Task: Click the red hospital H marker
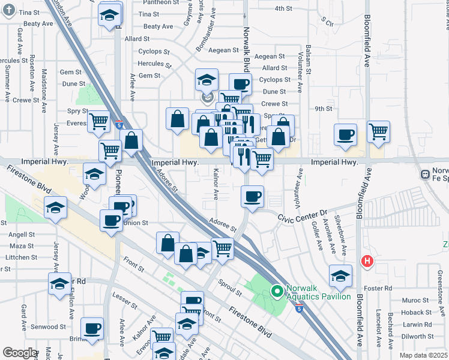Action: pos(367,262)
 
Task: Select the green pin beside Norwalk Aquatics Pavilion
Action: pos(277,292)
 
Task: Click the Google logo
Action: pos(20,353)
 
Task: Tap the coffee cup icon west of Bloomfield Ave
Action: pos(345,134)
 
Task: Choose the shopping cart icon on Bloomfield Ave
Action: pos(378,131)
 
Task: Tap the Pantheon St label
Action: pos(157,3)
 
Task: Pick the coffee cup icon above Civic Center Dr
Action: pos(252,195)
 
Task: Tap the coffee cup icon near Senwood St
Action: pos(92,328)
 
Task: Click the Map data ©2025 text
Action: pos(423,355)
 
